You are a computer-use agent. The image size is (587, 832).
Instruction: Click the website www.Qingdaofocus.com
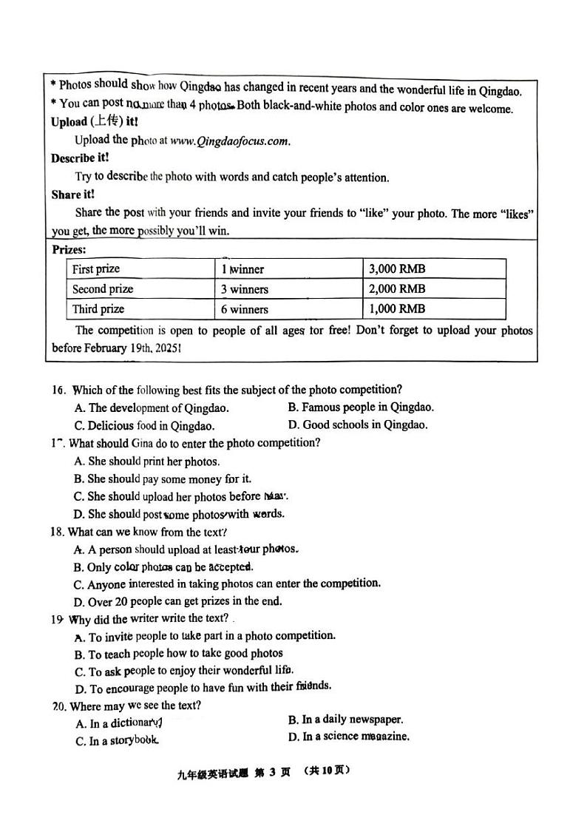229,141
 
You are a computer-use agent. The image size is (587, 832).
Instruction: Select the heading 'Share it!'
72,195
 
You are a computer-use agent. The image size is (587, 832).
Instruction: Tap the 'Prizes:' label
69,250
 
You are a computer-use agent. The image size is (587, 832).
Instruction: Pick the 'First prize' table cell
96,269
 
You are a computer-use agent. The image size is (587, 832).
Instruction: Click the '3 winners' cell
245,289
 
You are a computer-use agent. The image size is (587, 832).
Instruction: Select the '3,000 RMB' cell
397,269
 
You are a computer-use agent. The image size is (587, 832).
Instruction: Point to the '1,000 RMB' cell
397,309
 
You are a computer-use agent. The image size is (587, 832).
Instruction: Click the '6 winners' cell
245,309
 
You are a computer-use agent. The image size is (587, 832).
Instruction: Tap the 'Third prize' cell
98,309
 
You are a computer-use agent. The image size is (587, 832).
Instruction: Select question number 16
59,390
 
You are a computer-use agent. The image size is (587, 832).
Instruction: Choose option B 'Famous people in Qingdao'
360,407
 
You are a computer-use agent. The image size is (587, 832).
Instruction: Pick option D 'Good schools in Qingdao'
357,425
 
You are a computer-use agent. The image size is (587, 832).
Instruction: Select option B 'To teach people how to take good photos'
178,653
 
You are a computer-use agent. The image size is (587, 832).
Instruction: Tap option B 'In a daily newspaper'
345,719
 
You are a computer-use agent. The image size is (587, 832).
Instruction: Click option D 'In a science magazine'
348,737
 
